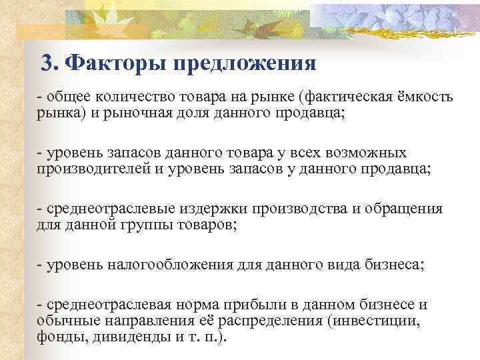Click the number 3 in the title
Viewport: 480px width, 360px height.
46,64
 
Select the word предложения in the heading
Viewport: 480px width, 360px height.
241,64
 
